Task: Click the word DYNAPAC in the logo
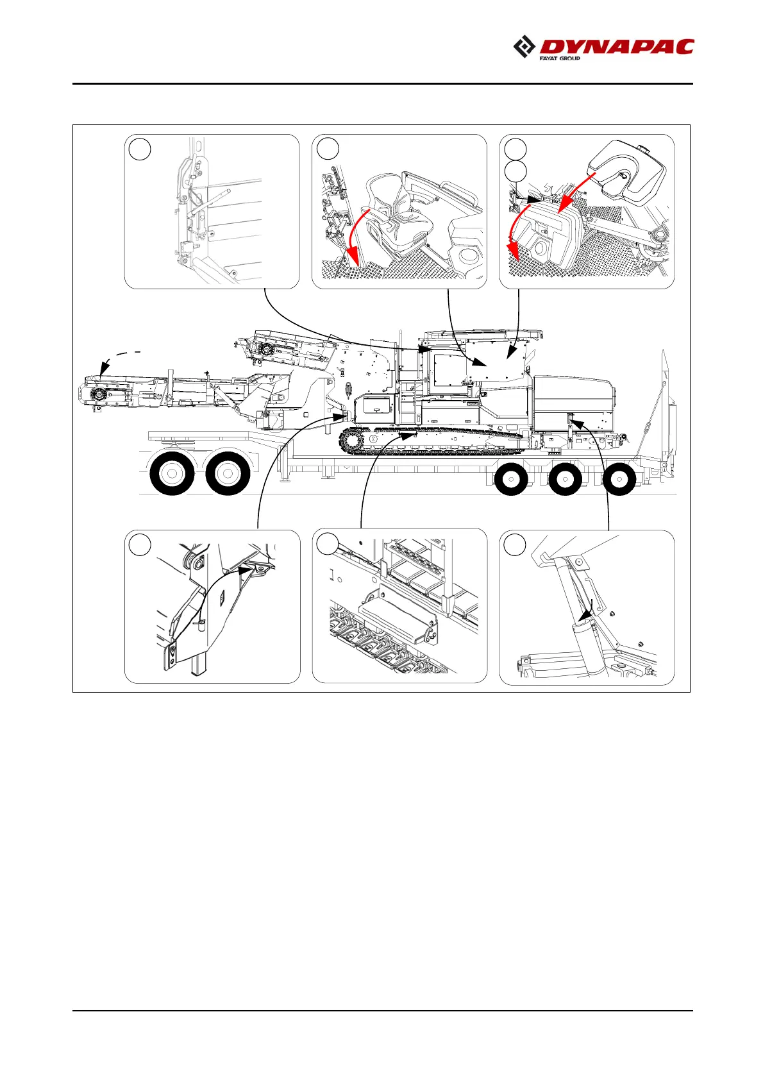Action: pyautogui.click(x=617, y=47)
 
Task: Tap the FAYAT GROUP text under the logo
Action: pyautogui.click(x=560, y=58)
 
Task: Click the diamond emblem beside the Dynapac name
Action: pyautogui.click(x=525, y=47)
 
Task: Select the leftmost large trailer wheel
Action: pyautogui.click(x=172, y=474)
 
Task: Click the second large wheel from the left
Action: pyautogui.click(x=228, y=474)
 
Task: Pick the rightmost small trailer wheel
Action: pyautogui.click(x=619, y=479)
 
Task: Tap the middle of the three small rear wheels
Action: pyautogui.click(x=565, y=479)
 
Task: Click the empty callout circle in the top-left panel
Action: pyautogui.click(x=140, y=149)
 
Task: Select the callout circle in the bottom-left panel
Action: pyautogui.click(x=140, y=544)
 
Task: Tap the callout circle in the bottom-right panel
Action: pyautogui.click(x=515, y=544)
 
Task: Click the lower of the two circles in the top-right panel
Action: pyautogui.click(x=515, y=171)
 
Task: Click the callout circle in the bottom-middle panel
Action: pyautogui.click(x=328, y=544)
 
